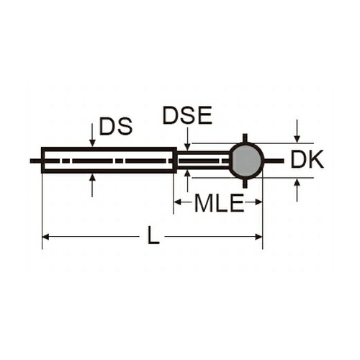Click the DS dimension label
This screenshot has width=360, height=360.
click(116, 126)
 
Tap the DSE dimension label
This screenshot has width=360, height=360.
click(187, 115)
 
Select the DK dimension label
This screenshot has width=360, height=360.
click(307, 159)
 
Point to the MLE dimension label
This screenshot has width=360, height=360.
click(219, 203)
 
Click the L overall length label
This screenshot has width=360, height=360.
click(153, 235)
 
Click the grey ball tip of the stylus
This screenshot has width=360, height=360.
click(246, 161)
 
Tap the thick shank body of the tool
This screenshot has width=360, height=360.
click(109, 160)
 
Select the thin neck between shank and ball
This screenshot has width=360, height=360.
click(203, 161)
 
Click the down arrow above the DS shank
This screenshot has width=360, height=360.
click(92, 135)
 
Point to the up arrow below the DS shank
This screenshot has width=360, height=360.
click(92, 186)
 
